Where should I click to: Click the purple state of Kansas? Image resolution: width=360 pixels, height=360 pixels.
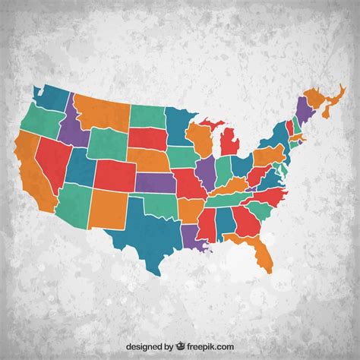pos(156,183)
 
